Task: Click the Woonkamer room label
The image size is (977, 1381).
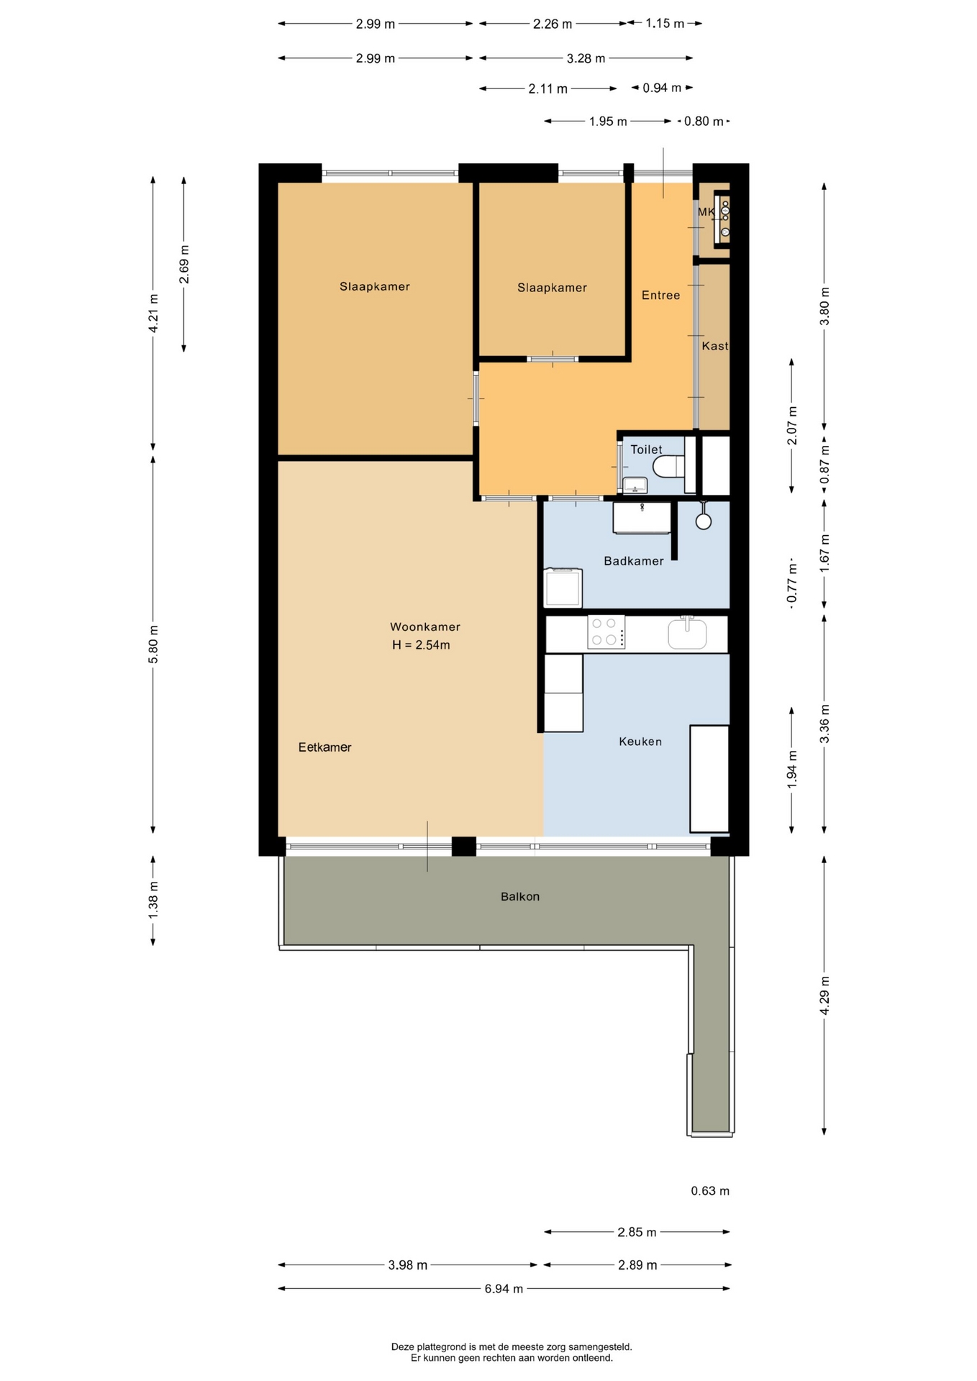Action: pyautogui.click(x=424, y=626)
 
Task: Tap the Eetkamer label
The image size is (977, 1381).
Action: pyautogui.click(x=324, y=747)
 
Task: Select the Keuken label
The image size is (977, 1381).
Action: pyautogui.click(x=640, y=742)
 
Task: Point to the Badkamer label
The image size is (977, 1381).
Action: pyautogui.click(x=633, y=561)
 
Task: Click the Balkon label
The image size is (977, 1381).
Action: pyautogui.click(x=520, y=896)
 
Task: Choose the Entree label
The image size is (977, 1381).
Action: pyautogui.click(x=660, y=295)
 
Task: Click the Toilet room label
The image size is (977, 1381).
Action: pyautogui.click(x=646, y=450)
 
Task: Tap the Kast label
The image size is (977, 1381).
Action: pyautogui.click(x=715, y=346)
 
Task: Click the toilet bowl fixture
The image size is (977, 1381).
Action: pyautogui.click(x=669, y=466)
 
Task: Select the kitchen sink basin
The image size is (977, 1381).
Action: pyautogui.click(x=687, y=634)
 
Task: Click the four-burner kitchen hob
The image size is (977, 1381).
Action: pyautogui.click(x=606, y=632)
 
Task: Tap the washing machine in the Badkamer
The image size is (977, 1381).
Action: pyautogui.click(x=563, y=588)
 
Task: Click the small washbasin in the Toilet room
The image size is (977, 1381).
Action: pyautogui.click(x=635, y=486)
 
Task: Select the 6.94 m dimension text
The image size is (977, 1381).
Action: pyautogui.click(x=504, y=1288)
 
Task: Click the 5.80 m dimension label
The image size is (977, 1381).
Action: pyautogui.click(x=153, y=645)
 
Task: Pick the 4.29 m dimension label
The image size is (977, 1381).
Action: pyautogui.click(x=824, y=996)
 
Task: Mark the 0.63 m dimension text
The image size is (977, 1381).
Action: pyautogui.click(x=710, y=1191)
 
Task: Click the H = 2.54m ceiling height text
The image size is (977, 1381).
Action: pyautogui.click(x=421, y=645)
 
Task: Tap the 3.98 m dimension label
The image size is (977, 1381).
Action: pyautogui.click(x=408, y=1265)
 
